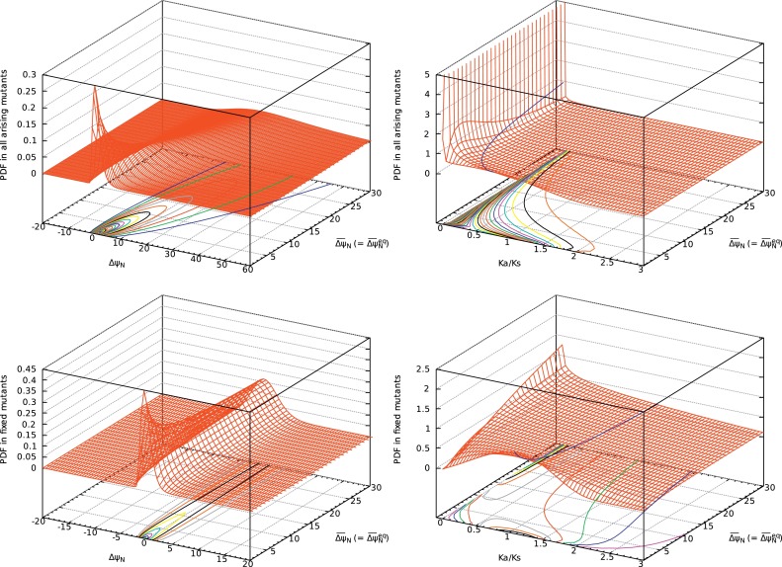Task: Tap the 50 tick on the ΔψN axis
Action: pos(211,264)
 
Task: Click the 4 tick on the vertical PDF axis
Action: pos(427,95)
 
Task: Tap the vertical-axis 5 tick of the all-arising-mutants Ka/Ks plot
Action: pos(427,74)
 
